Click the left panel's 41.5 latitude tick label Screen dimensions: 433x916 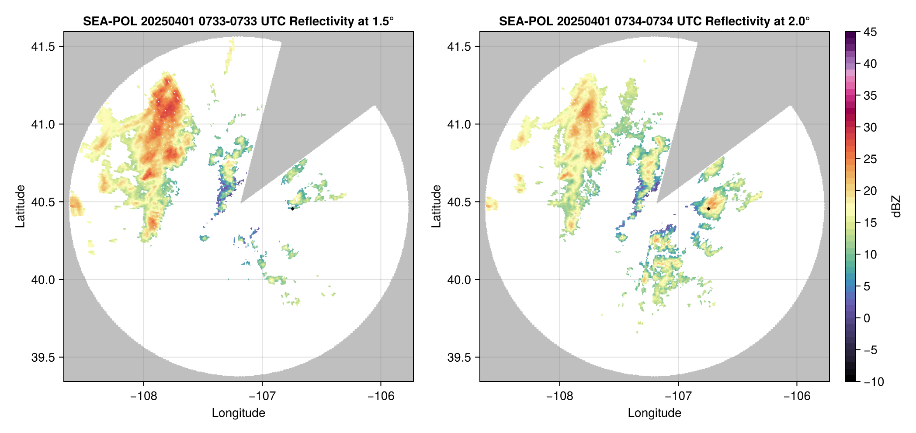(42, 47)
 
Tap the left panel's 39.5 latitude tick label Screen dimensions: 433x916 (42, 357)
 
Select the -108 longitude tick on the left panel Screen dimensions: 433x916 (143, 396)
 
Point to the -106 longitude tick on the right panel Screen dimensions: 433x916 (797, 396)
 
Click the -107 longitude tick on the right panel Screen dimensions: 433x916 (678, 396)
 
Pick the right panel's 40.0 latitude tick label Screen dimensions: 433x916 (458, 280)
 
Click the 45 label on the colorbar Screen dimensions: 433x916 (870, 32)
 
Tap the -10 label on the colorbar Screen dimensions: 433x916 (874, 382)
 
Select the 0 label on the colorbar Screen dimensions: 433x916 (867, 318)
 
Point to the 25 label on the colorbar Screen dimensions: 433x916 (870, 159)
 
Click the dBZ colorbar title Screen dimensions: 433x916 (897, 206)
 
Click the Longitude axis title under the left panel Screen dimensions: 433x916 (238, 413)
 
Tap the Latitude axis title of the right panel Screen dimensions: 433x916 (436, 206)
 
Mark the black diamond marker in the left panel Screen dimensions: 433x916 (292, 209)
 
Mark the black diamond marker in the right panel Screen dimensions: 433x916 (708, 209)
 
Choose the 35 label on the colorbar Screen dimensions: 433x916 (870, 96)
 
